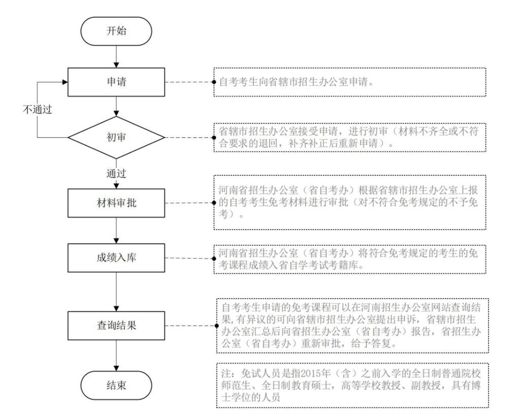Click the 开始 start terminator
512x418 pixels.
coord(117,31)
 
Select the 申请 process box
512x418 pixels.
coord(117,82)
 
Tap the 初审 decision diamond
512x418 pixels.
coord(117,137)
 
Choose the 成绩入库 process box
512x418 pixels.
coord(117,258)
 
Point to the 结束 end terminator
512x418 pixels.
coord(117,385)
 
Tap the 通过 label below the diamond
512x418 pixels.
coord(117,173)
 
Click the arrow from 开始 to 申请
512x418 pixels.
coord(117,56)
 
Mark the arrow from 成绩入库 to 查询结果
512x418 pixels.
coord(117,291)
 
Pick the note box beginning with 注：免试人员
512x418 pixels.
coord(350,384)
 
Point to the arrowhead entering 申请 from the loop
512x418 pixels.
coord(66,82)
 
